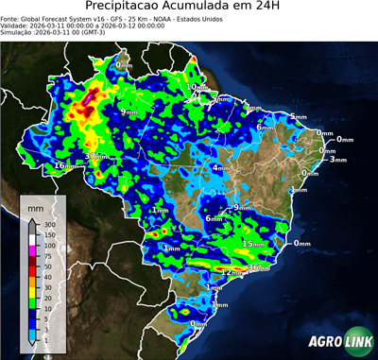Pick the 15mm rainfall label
click(x=252, y=244)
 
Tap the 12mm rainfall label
click(x=228, y=272)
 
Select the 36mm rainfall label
click(x=258, y=268)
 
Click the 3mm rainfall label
click(x=338, y=160)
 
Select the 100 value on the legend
click(x=47, y=245)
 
